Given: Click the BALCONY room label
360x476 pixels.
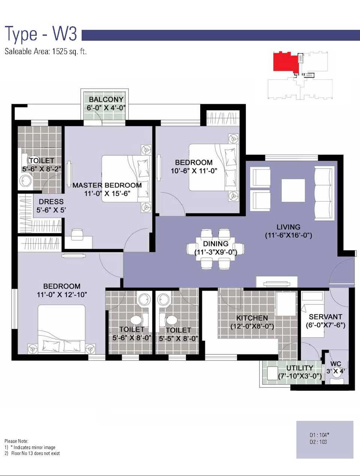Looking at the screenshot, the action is click(106, 99).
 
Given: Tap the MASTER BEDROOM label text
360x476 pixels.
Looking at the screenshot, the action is click(107, 185).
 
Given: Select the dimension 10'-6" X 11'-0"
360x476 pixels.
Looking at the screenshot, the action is click(194, 171).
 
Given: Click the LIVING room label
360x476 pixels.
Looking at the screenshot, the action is click(288, 227).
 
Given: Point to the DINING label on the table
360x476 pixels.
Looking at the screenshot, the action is click(216, 244).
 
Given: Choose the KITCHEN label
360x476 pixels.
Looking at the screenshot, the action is click(252, 318).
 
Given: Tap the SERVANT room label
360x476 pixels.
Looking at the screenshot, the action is click(325, 317).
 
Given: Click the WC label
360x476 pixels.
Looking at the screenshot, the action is click(336, 364).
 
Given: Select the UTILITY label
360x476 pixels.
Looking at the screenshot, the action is click(300, 368).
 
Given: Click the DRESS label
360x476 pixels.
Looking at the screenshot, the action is click(51, 202).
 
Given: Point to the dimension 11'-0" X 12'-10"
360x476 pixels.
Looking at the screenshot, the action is click(62, 295).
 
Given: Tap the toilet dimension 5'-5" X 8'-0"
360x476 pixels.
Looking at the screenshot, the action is click(178, 339).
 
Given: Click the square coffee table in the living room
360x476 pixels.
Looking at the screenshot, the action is click(293, 190).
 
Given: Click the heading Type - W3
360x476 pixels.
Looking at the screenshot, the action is click(41, 35).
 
